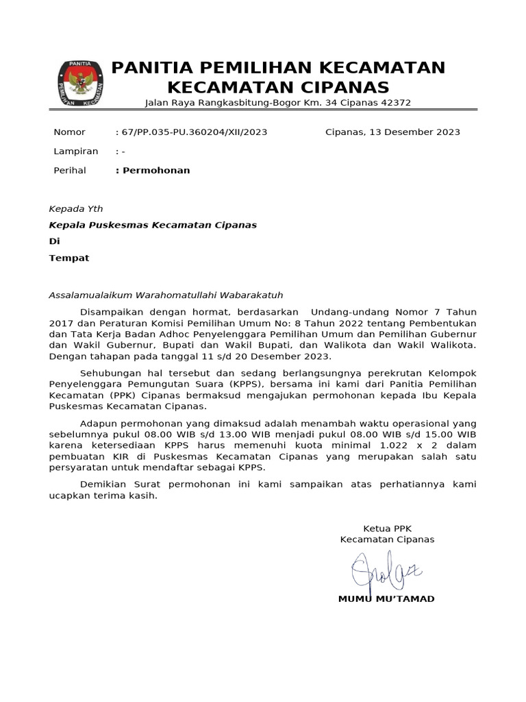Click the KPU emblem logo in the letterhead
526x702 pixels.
point(81,84)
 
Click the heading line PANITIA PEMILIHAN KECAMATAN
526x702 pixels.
point(278,68)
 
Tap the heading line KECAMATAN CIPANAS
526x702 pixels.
point(278,87)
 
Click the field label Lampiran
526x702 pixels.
point(75,152)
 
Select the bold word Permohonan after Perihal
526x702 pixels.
point(156,171)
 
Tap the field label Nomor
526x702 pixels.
point(69,132)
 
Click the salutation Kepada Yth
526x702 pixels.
point(75,209)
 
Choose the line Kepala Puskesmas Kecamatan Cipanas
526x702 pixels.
point(153,225)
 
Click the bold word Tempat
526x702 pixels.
point(68,258)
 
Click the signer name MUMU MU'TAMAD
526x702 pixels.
point(386,599)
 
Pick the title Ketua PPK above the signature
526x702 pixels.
point(387,529)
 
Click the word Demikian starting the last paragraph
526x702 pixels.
point(104,484)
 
